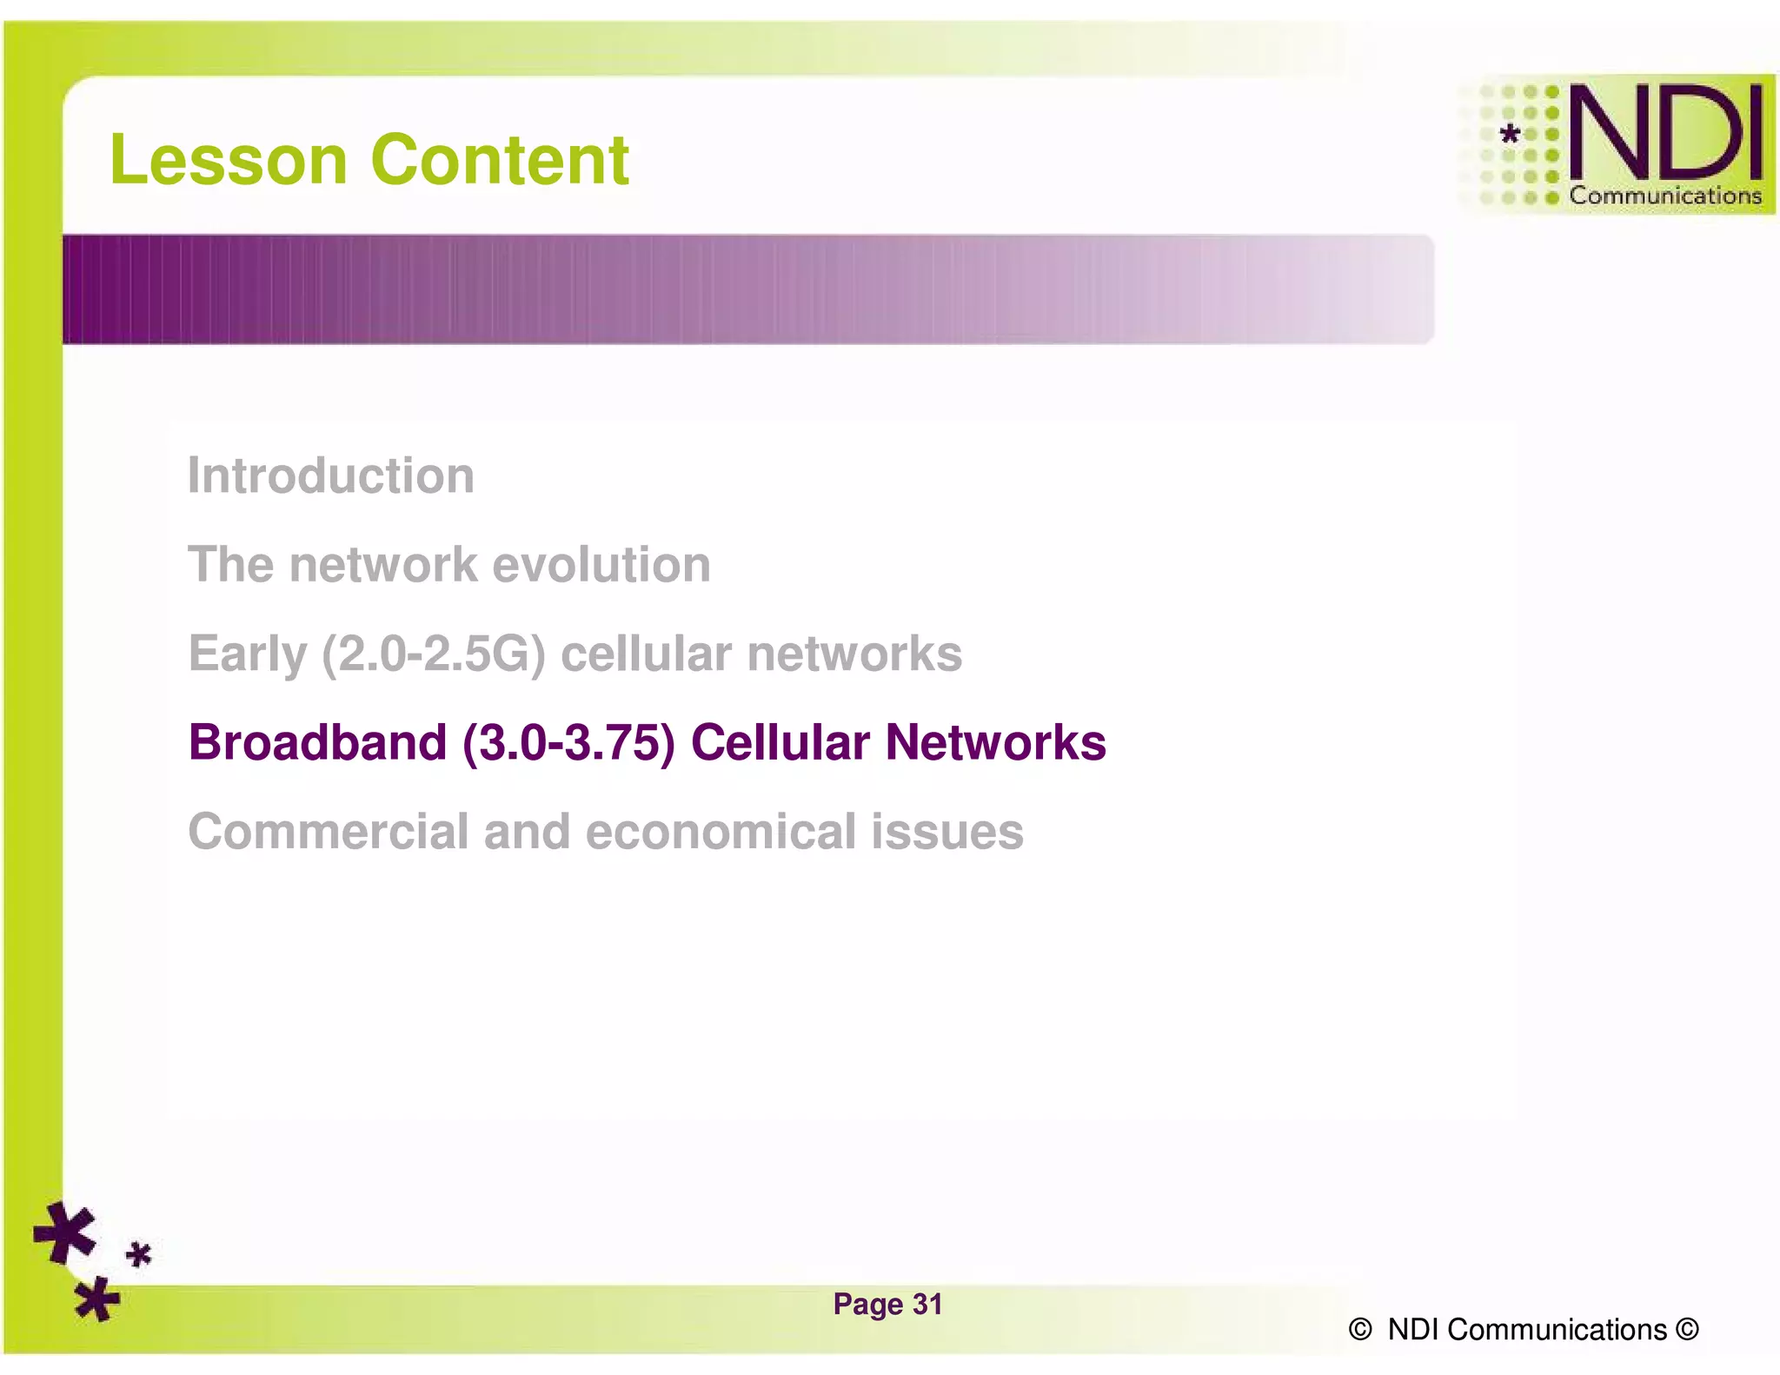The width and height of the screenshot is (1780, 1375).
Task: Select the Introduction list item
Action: pos(331,475)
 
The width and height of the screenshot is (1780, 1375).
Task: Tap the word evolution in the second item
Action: pos(601,565)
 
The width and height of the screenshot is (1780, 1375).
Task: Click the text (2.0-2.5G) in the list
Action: pos(434,654)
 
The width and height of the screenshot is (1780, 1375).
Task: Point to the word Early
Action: pos(248,654)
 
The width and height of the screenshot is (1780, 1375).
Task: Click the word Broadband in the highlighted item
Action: pos(318,743)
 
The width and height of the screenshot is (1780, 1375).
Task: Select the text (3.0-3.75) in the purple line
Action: pos(568,743)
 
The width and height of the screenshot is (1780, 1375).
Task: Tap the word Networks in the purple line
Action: pos(995,743)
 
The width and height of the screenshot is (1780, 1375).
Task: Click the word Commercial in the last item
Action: pos(329,832)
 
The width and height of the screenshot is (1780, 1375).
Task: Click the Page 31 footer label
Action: pos(887,1304)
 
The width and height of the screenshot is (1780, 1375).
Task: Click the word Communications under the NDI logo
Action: pos(1664,196)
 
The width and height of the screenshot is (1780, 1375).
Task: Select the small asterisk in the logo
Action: pos(1511,134)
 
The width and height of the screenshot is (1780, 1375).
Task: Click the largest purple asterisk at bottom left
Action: pos(65,1232)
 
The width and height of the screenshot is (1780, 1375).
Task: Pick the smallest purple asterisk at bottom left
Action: pos(139,1254)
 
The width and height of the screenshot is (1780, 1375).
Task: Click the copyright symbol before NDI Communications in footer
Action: pos(1360,1329)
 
